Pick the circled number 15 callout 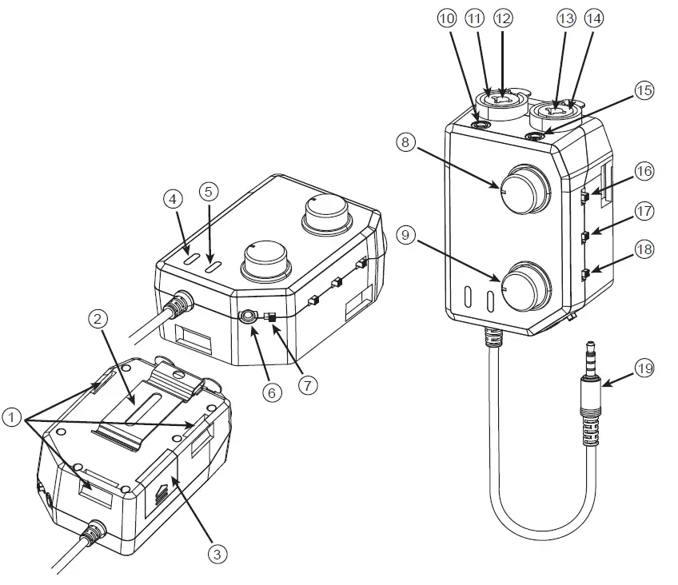pyautogui.click(x=644, y=90)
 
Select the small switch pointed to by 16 pyautogui.click(x=585, y=195)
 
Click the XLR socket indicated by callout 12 pyautogui.click(x=502, y=99)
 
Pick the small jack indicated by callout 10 pyautogui.click(x=481, y=124)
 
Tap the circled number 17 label pyautogui.click(x=644, y=211)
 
